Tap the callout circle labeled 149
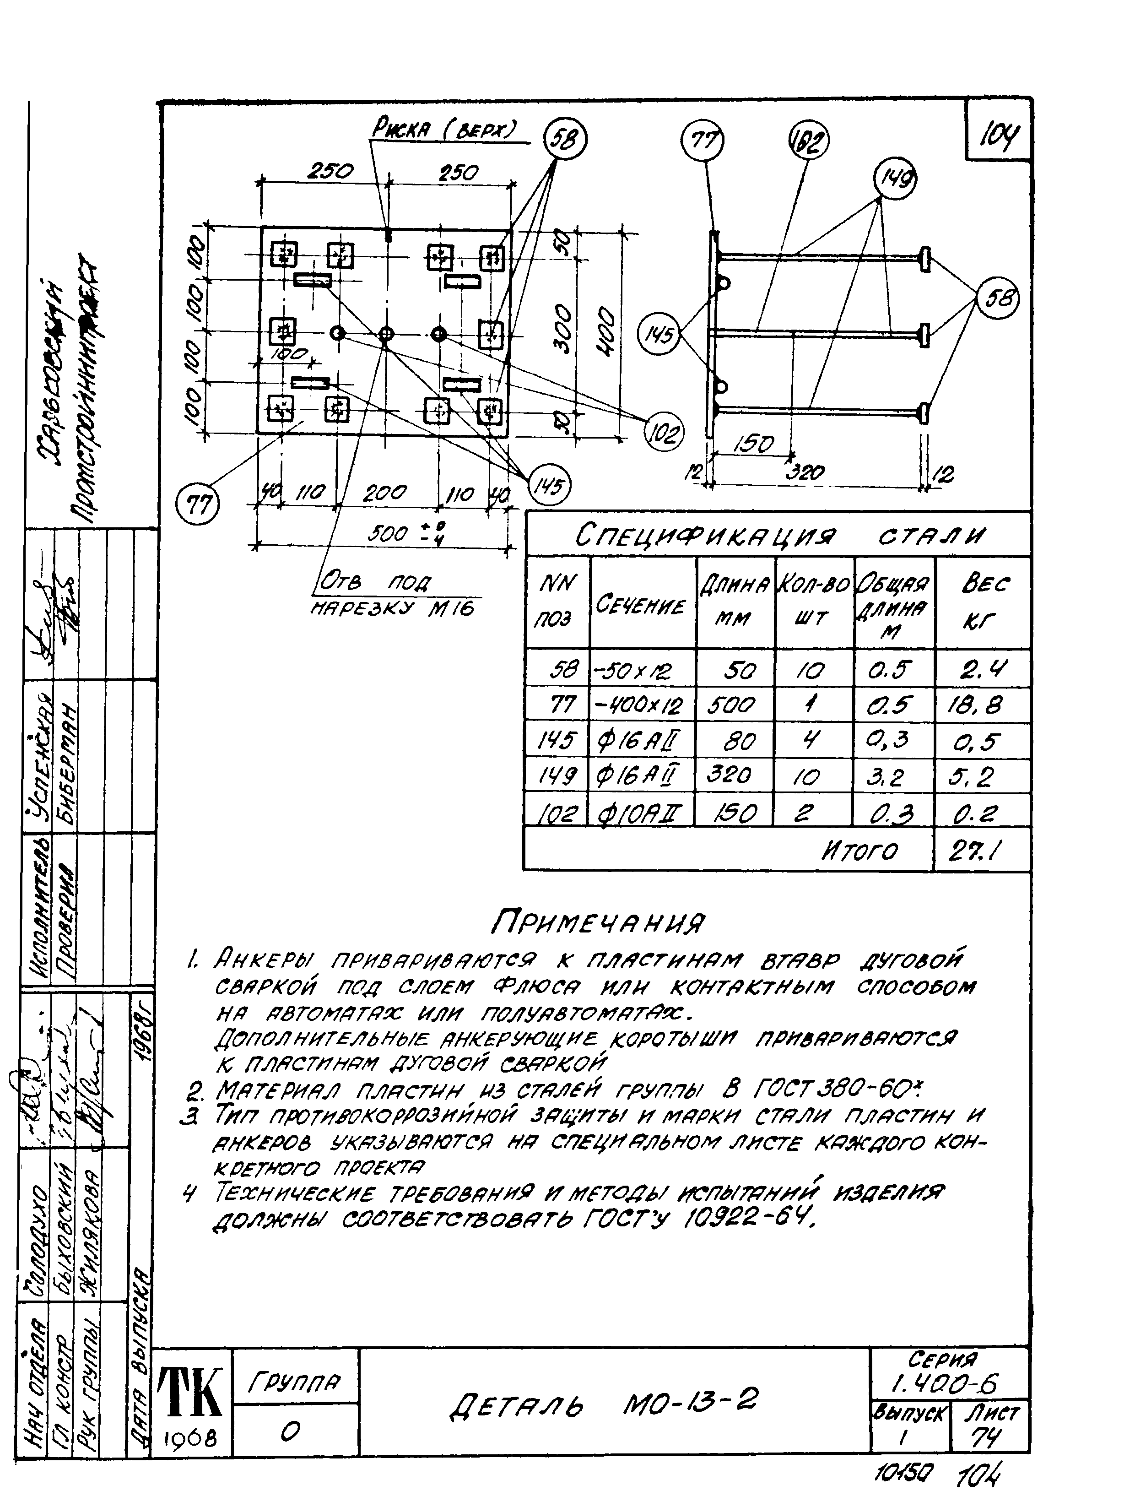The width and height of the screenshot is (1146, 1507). pyautogui.click(x=894, y=179)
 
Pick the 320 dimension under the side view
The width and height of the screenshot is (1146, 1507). pyautogui.click(x=805, y=472)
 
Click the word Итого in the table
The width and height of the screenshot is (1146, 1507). pyautogui.click(x=859, y=851)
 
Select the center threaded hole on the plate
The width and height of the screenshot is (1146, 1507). pyautogui.click(x=386, y=334)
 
